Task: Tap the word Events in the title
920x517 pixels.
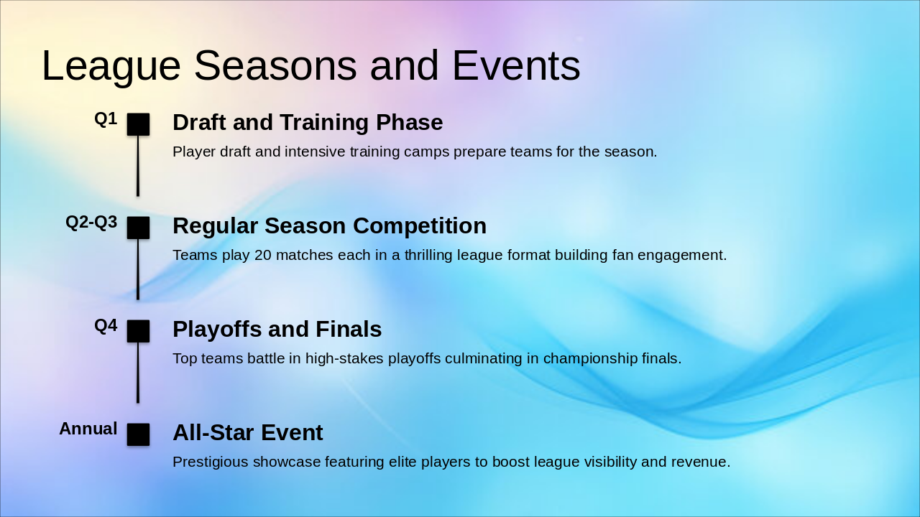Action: pos(516,65)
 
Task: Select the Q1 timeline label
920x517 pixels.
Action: pos(106,119)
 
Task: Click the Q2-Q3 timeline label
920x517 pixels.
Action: pos(91,223)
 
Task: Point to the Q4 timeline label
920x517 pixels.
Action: pos(106,326)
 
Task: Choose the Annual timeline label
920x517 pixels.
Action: pos(88,429)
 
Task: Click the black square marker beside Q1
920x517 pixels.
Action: pos(138,124)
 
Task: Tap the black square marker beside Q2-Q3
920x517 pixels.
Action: pos(138,228)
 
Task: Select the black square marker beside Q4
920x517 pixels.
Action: pos(138,331)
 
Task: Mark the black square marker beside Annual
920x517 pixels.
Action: pos(138,434)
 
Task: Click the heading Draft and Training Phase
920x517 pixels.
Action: pos(308,122)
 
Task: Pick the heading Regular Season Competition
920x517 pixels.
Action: pos(329,226)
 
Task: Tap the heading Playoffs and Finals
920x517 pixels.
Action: pos(277,330)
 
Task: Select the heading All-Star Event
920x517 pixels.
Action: pos(248,432)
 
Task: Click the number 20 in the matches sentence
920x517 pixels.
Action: pos(263,255)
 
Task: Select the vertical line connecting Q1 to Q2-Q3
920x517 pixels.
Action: pos(138,166)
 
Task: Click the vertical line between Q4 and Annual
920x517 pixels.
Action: pos(138,373)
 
